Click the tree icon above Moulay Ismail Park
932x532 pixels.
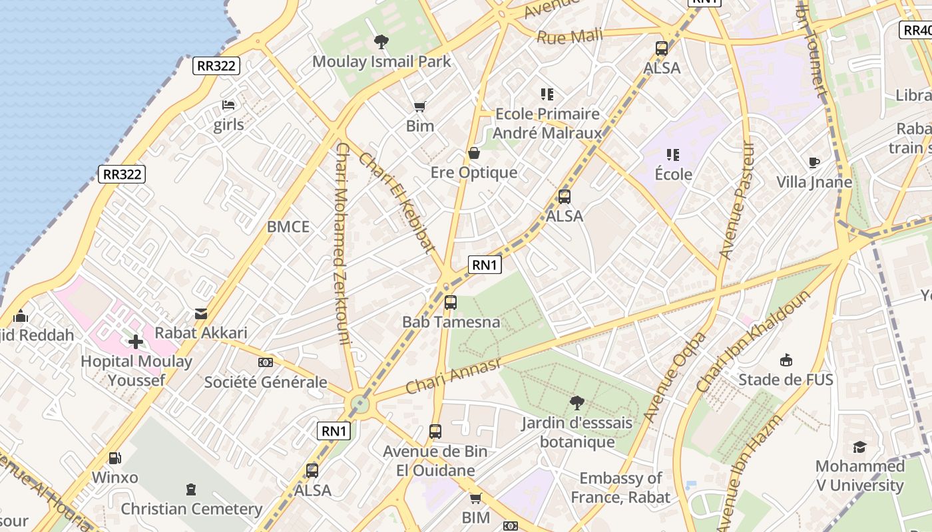pyautogui.click(x=381, y=42)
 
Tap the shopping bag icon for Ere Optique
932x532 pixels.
pyautogui.click(x=474, y=153)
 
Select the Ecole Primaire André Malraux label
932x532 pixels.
pyautogui.click(x=547, y=123)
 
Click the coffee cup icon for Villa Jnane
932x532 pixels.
pyautogui.click(x=814, y=162)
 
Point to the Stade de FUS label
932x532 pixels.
pyautogui.click(x=786, y=380)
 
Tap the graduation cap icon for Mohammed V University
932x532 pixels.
pyautogui.click(x=859, y=447)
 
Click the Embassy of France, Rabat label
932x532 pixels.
pyautogui.click(x=620, y=487)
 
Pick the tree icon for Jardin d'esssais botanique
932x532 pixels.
pyautogui.click(x=577, y=402)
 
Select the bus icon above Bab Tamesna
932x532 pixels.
pyautogui.click(x=451, y=303)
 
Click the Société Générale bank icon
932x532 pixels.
pyautogui.click(x=265, y=362)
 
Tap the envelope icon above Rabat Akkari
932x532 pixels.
pyautogui.click(x=201, y=313)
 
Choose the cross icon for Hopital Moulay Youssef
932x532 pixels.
pyautogui.click(x=136, y=342)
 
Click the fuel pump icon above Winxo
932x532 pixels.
pyautogui.click(x=115, y=458)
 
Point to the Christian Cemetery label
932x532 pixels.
pyautogui.click(x=192, y=509)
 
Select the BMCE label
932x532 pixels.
pyautogui.click(x=288, y=227)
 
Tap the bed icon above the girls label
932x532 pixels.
pyautogui.click(x=228, y=105)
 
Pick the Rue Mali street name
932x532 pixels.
pyautogui.click(x=569, y=37)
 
